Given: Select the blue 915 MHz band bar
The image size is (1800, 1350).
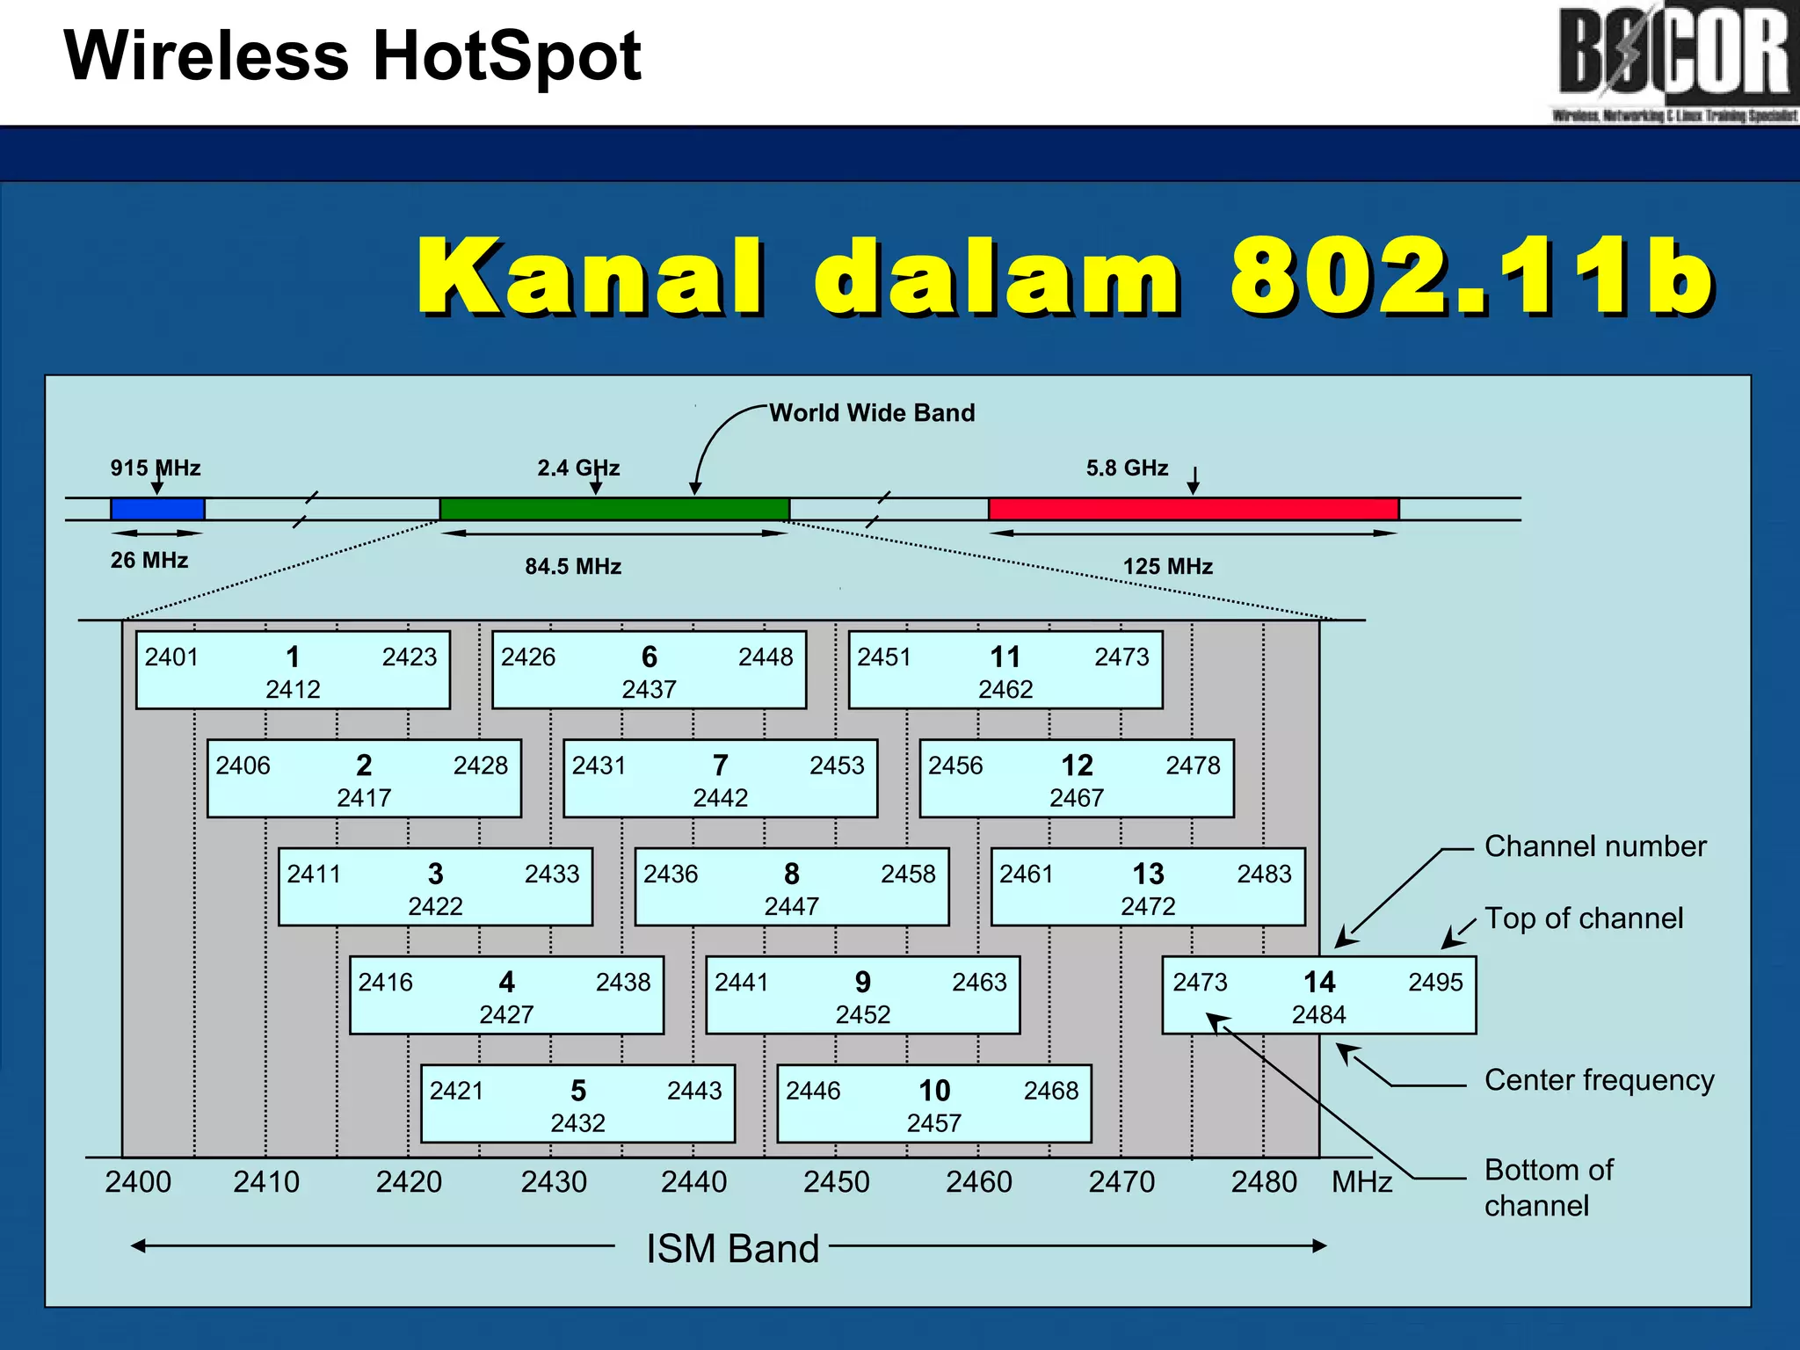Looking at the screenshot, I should tap(157, 509).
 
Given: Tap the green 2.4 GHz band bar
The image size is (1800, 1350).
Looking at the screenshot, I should tap(613, 509).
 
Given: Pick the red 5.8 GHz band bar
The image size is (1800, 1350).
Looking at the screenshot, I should tap(1193, 509).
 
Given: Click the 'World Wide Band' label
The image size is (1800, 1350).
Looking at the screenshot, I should tap(872, 413).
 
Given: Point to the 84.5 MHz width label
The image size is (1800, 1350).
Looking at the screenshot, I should tap(573, 567).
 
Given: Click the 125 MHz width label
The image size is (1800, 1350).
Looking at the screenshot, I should tap(1167, 567).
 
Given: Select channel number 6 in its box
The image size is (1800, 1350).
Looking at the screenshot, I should tap(649, 657).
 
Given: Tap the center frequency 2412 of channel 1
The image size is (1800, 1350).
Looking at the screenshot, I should tap(293, 690).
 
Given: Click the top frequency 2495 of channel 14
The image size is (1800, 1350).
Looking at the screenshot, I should tap(1435, 982).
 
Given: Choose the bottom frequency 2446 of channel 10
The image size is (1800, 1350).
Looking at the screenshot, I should tap(813, 1091).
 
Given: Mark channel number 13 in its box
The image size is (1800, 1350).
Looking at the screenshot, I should tap(1148, 874).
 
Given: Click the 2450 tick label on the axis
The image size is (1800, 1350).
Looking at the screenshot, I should tap(836, 1182).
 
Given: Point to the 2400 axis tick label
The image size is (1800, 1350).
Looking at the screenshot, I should tap(138, 1182).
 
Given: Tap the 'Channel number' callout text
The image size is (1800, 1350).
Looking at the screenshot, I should tap(1594, 846).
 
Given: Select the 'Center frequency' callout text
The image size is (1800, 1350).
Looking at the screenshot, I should tap(1599, 1080).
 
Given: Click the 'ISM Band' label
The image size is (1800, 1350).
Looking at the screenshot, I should tap(732, 1249).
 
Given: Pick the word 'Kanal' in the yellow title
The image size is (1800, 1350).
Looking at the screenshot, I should tap(591, 277).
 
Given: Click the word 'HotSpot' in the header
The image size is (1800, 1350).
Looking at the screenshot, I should tap(507, 56).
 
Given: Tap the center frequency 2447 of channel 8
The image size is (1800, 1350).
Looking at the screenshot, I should tap(791, 906).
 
